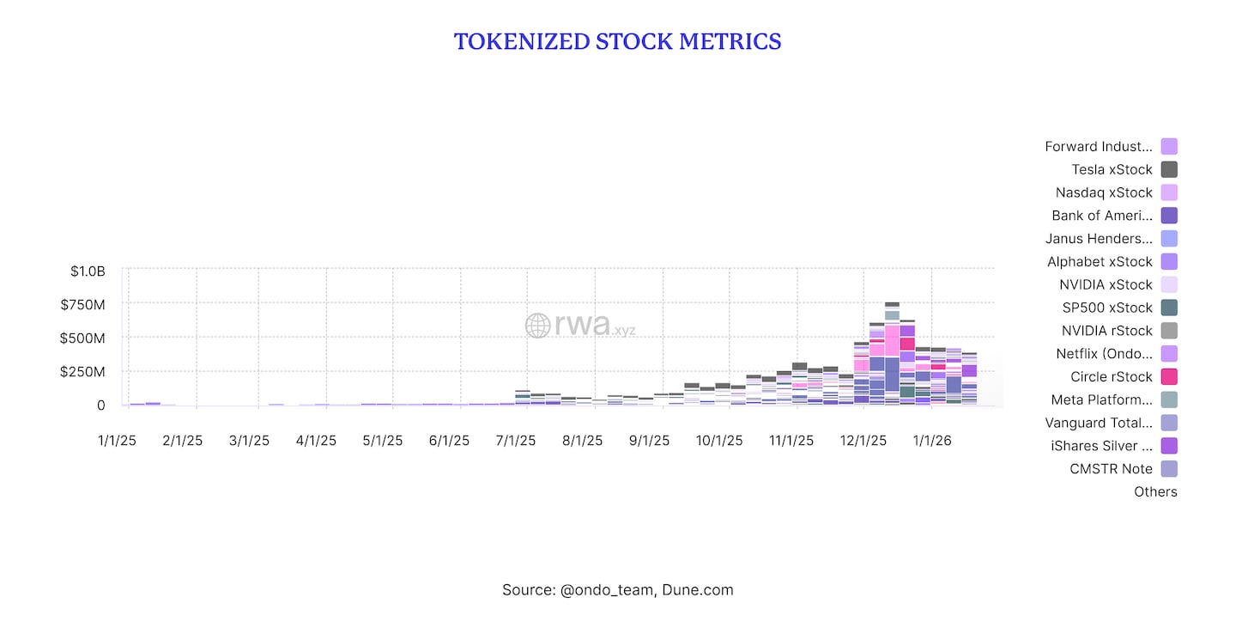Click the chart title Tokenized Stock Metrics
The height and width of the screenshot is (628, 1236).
click(x=617, y=41)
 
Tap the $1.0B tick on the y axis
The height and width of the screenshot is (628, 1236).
click(x=88, y=271)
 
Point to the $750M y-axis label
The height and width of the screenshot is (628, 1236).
click(x=82, y=304)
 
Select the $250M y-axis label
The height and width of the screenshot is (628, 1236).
click(x=82, y=371)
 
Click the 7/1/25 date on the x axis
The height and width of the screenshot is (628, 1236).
click(x=515, y=440)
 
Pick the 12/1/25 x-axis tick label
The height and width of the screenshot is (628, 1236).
click(x=863, y=440)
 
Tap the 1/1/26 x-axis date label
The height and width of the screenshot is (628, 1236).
click(x=931, y=440)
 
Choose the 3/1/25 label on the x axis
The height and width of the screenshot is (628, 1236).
click(x=249, y=440)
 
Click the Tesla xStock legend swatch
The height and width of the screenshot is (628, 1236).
click(x=1169, y=169)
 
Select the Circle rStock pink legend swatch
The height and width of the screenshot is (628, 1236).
click(x=1169, y=376)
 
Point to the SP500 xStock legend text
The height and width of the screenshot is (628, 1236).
click(x=1107, y=308)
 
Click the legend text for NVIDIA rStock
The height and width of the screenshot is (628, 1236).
click(x=1107, y=331)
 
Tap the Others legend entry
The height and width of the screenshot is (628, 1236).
click(x=1155, y=491)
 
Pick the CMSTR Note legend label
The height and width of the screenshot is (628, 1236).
click(x=1112, y=468)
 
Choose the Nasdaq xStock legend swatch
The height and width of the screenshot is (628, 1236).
click(x=1169, y=192)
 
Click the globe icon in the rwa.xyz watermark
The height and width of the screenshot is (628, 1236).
click(x=537, y=325)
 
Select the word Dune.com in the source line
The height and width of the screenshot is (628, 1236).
click(x=697, y=589)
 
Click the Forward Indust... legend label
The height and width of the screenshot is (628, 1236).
click(x=1099, y=146)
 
